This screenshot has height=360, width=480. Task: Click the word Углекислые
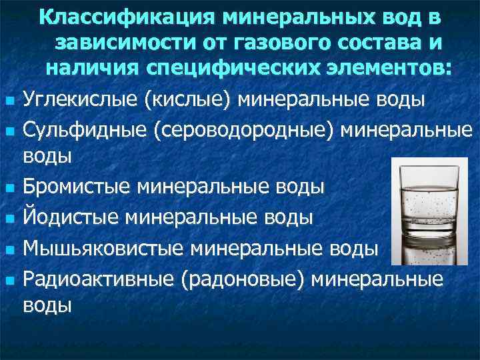click(79, 101)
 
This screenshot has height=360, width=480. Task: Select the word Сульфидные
click(84, 129)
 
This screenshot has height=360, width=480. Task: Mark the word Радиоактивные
click(98, 277)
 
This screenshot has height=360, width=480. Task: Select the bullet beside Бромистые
click(9, 188)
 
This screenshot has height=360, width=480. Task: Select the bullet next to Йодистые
click(9, 218)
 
